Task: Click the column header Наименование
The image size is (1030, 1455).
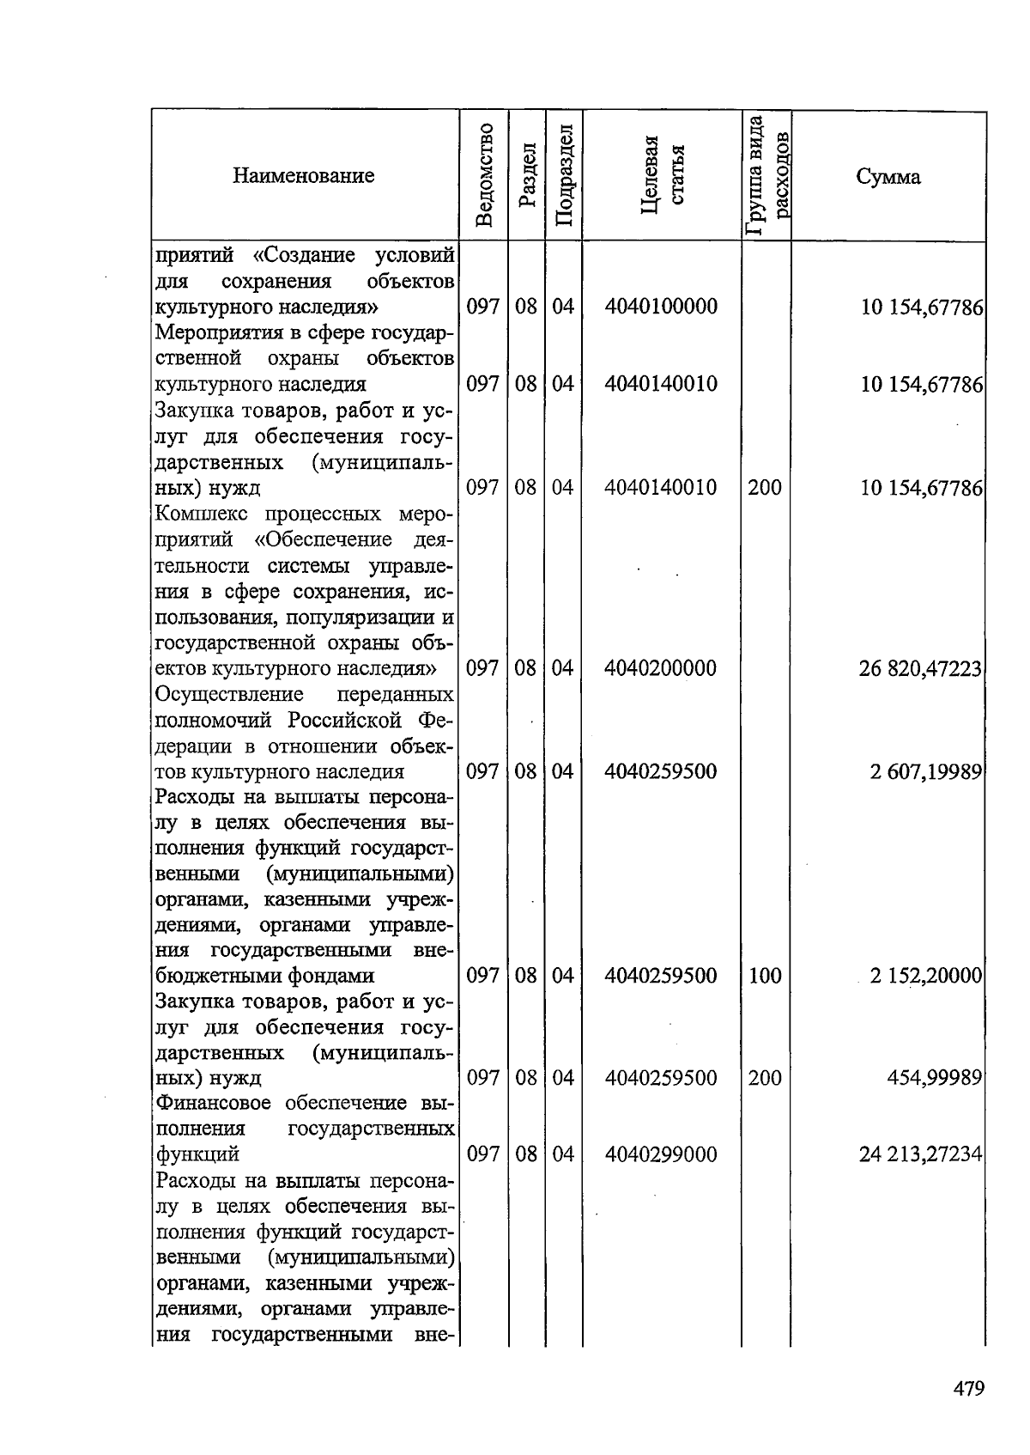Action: point(304,176)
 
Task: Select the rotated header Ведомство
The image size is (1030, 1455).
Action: point(484,175)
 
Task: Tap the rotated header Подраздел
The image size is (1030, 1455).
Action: point(563,175)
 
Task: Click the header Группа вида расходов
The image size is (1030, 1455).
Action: point(766,175)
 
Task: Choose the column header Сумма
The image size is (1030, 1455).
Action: point(888,177)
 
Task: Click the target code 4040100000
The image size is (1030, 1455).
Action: point(660,307)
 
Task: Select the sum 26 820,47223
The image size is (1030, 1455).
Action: point(920,668)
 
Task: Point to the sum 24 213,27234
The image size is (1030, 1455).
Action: point(920,1154)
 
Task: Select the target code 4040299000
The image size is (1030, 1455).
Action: point(660,1154)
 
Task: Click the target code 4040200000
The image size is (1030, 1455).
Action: point(660,668)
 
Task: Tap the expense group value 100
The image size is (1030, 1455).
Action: point(764,976)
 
